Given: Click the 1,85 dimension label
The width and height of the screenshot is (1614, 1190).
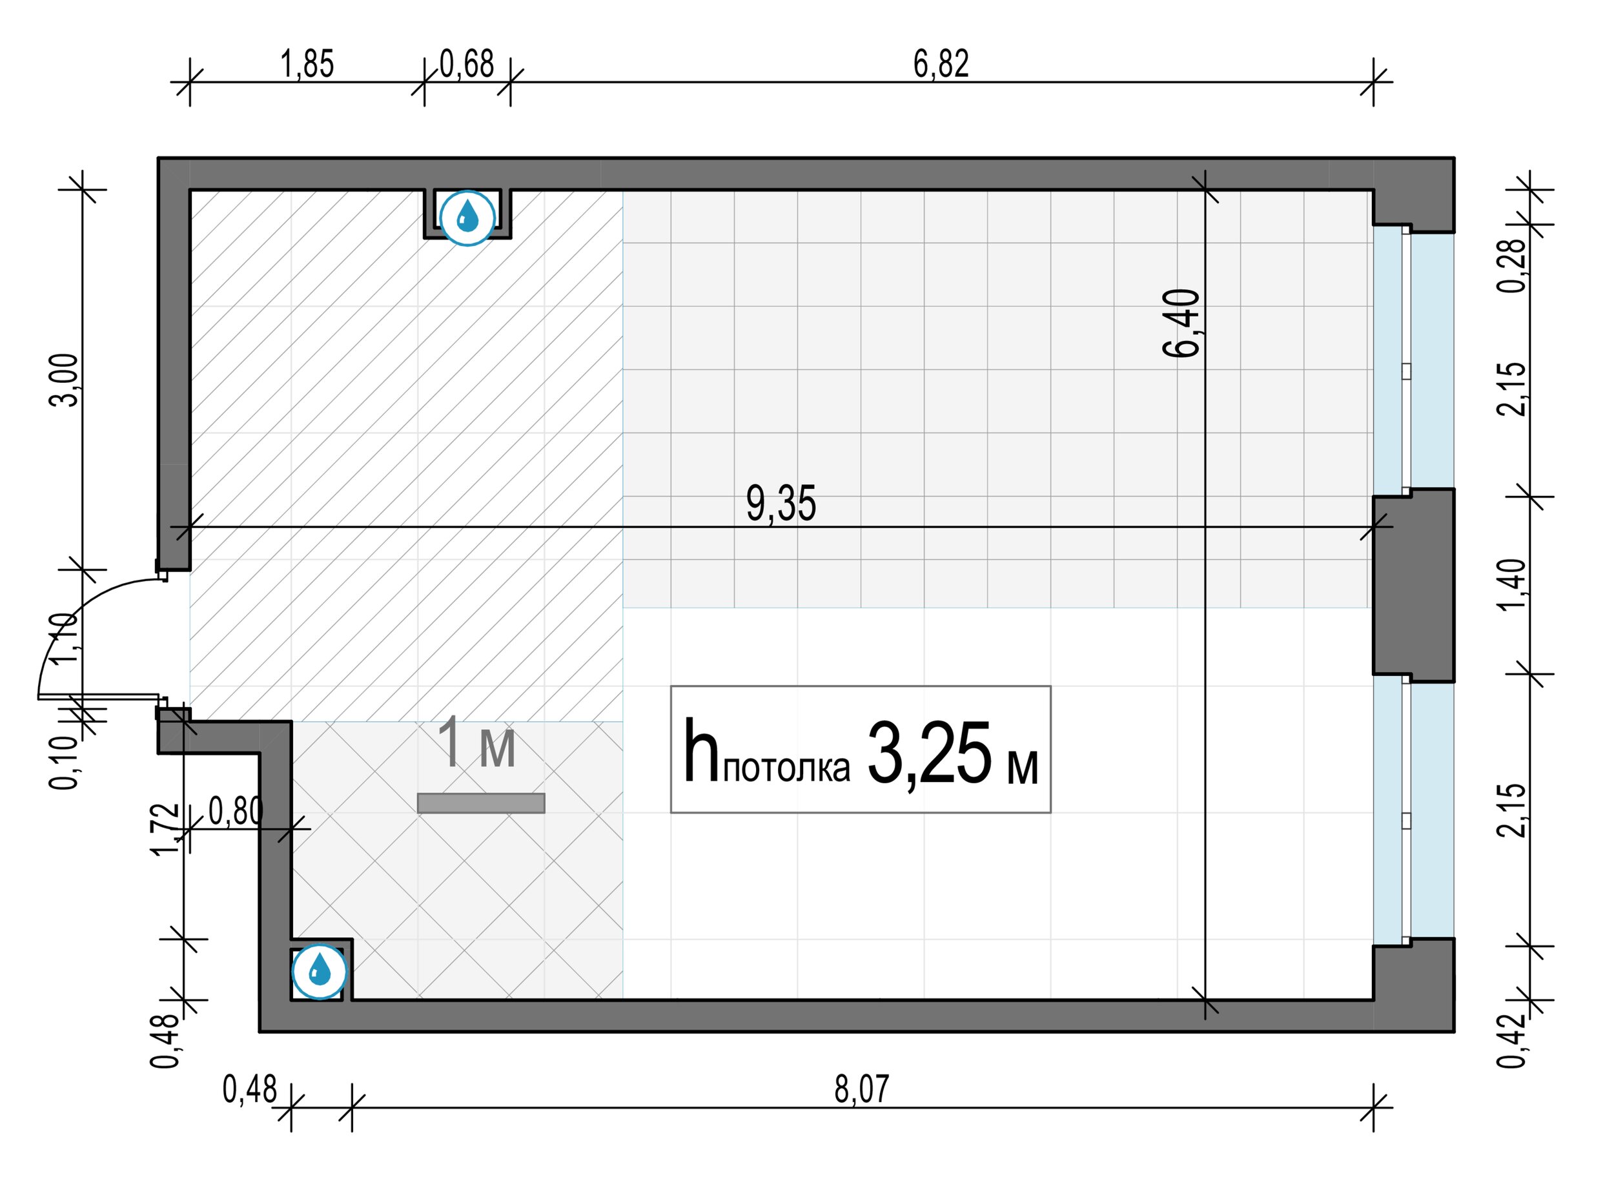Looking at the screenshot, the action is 307,63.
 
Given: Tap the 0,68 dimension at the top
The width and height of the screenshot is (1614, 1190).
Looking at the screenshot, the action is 467,63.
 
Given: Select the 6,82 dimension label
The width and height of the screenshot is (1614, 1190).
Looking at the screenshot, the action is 941,63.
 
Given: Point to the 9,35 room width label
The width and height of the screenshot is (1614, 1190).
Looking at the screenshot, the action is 781,504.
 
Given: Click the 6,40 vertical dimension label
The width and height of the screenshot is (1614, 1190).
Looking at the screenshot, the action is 1181,323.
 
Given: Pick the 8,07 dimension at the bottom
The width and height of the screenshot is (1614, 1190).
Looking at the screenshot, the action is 861,1089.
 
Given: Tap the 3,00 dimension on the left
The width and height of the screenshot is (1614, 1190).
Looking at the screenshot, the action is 63,380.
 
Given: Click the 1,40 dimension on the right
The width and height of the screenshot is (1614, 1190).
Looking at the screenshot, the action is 1511,584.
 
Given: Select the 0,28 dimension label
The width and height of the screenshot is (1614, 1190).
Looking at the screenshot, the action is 1511,265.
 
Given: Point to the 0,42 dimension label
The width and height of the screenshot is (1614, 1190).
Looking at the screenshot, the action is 1511,1041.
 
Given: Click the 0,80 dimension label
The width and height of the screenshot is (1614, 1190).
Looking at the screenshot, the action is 236,811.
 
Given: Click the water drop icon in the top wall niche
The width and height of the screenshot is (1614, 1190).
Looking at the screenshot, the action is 467,217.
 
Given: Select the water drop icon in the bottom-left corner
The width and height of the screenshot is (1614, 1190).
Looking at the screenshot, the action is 319,972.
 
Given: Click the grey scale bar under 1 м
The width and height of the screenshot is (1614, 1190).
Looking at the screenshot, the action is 480,803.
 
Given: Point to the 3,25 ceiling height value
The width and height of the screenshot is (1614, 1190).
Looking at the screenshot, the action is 929,754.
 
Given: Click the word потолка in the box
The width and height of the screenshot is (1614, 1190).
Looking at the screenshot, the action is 786,768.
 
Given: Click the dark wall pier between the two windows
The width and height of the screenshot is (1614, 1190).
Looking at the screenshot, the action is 1413,585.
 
